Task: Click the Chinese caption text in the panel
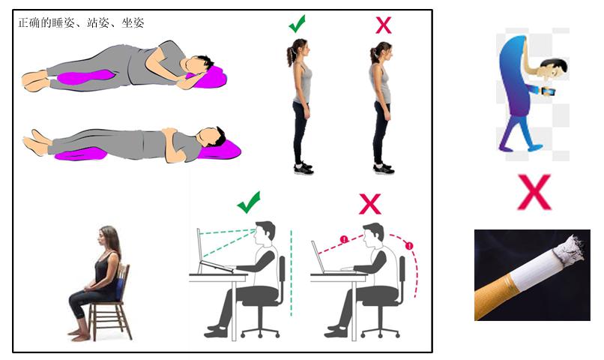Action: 81,23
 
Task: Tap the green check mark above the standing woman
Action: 298,25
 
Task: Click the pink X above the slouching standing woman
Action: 383,25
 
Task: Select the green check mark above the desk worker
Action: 248,202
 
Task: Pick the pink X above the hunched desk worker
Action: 369,202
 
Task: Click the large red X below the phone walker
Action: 534,192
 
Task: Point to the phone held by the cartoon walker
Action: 549,91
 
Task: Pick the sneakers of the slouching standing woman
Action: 383,169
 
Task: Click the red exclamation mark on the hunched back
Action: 409,246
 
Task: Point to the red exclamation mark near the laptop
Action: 344,240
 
